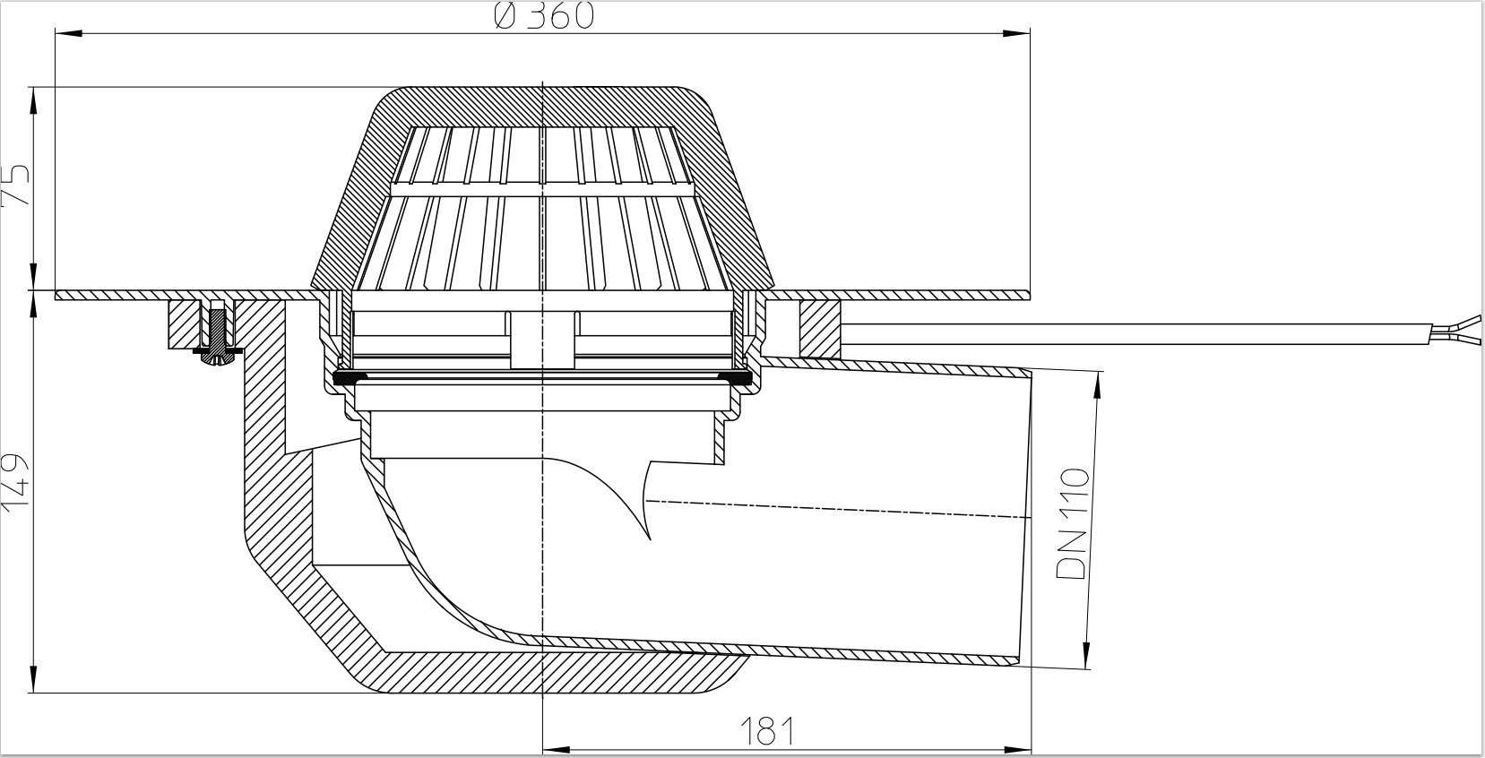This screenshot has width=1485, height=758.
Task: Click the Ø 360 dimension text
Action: pyautogui.click(x=544, y=16)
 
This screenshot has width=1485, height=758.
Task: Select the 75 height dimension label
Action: pyautogui.click(x=16, y=184)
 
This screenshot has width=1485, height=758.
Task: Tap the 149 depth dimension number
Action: pyautogui.click(x=16, y=482)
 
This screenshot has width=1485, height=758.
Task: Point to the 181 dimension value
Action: pyautogui.click(x=766, y=731)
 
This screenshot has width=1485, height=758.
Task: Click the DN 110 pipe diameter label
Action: pyautogui.click(x=1073, y=523)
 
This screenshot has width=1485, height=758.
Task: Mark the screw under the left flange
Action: pyautogui.click(x=217, y=339)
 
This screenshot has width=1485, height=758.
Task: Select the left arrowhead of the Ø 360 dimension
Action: pyautogui.click(x=69, y=33)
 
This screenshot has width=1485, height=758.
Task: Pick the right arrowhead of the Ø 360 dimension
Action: pyautogui.click(x=1016, y=33)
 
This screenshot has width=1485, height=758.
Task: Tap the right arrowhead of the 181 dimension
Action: pyautogui.click(x=1017, y=749)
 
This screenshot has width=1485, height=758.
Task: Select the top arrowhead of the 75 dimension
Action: pyautogui.click(x=33, y=101)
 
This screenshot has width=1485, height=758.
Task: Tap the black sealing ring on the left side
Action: pyautogui.click(x=348, y=378)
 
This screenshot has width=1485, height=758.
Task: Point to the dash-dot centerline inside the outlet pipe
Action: pyautogui.click(x=839, y=508)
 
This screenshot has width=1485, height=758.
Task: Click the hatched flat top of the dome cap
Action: pyautogui.click(x=543, y=106)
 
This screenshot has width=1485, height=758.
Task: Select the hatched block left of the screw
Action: pyautogui.click(x=184, y=324)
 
